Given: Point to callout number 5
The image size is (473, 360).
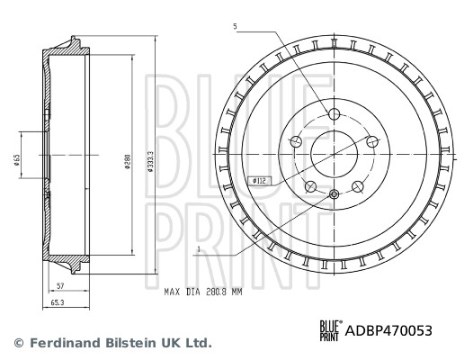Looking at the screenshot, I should tap(235, 27).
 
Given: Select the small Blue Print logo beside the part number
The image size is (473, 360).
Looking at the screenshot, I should tap(331, 330).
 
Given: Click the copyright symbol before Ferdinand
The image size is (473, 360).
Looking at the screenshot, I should tap(17, 344).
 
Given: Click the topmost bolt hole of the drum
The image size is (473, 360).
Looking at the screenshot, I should tap(334, 114).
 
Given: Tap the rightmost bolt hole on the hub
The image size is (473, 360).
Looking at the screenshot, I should tap(370, 141).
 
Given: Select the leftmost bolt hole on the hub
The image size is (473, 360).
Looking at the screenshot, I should tap(296, 141).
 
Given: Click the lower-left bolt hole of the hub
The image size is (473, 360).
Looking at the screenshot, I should tap(310, 186).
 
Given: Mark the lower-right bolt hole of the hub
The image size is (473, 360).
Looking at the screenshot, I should tap(357, 186).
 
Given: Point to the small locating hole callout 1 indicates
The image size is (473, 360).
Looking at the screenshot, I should tap(334, 195).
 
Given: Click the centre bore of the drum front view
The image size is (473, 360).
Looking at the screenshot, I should tap(334, 154).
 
